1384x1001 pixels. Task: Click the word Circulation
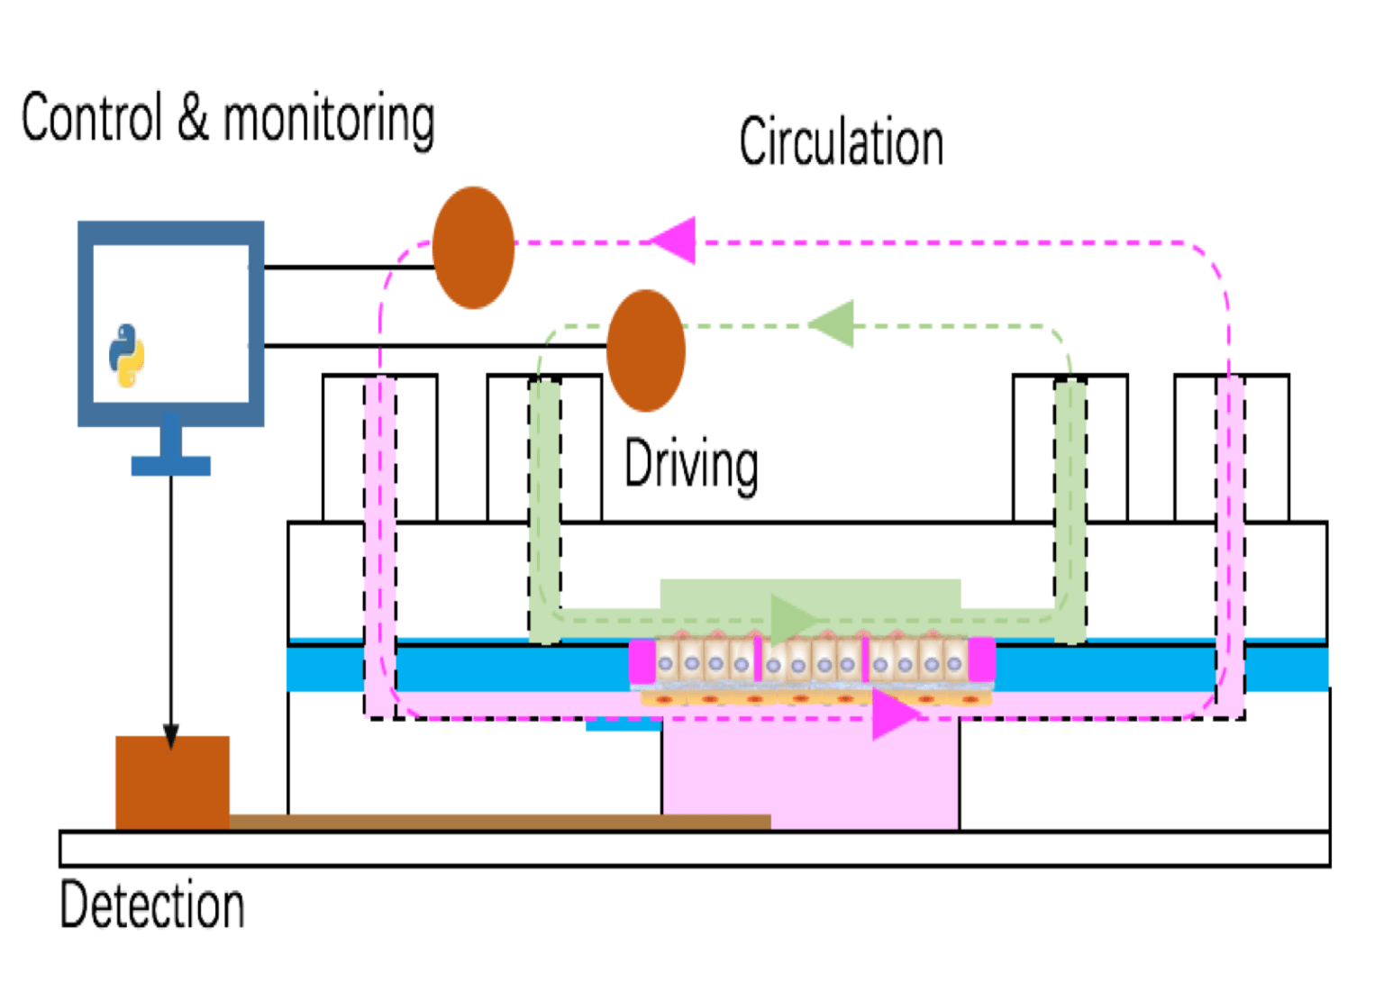point(842,142)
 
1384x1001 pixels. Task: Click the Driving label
point(691,464)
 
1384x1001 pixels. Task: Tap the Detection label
point(152,905)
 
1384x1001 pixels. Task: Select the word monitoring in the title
point(329,119)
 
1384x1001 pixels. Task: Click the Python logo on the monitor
point(127,354)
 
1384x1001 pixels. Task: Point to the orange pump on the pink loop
point(474,248)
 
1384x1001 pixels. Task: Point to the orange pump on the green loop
point(646,350)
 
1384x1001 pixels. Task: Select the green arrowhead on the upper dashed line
point(833,324)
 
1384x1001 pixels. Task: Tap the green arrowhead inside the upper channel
point(793,618)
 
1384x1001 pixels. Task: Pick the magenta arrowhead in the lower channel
point(893,714)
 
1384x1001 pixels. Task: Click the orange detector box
point(172,782)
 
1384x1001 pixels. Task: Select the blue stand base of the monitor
point(170,466)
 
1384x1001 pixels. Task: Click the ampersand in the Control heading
point(193,117)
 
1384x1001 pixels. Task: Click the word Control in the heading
point(92,117)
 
